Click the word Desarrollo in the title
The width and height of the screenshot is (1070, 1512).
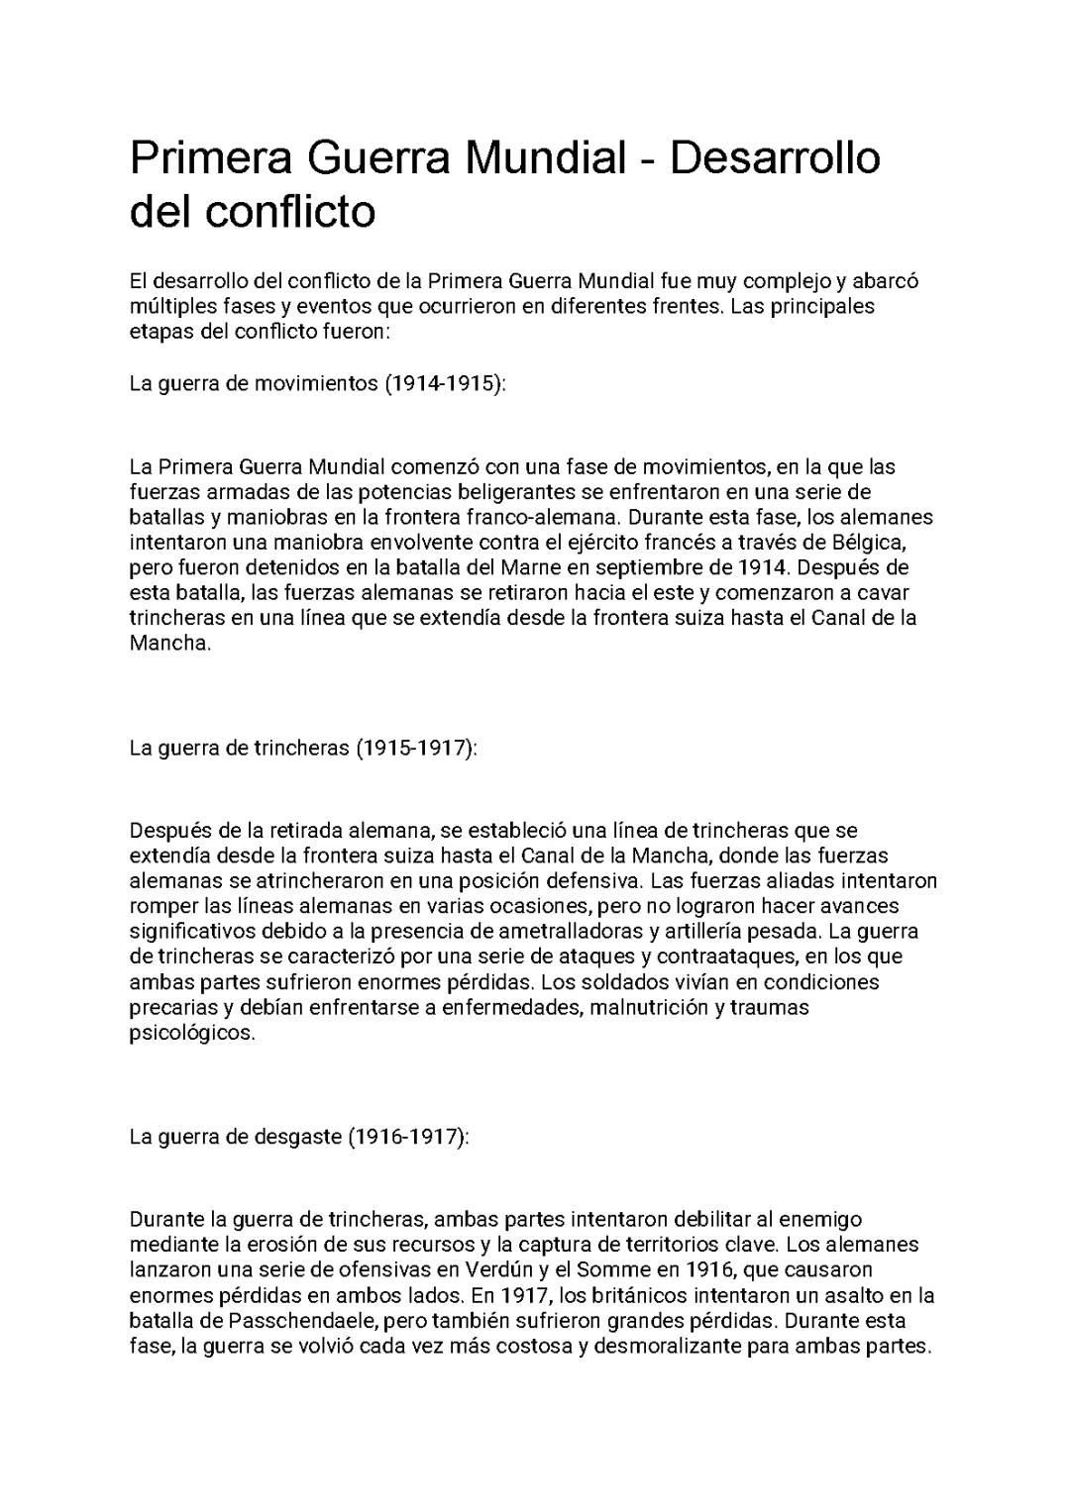pos(775,158)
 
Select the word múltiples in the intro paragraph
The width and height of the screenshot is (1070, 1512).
pos(169,306)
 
